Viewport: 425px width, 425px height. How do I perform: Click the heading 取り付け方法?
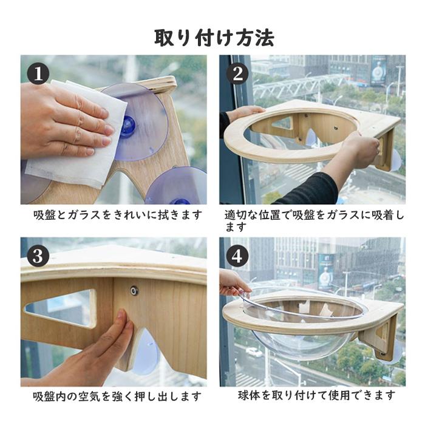[x=214, y=38]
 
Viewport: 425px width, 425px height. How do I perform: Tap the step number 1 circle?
[x=38, y=73]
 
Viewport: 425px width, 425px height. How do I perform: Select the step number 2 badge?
[x=237, y=73]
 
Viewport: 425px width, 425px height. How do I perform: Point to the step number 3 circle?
[x=38, y=256]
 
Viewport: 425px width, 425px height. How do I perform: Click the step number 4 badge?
[x=237, y=256]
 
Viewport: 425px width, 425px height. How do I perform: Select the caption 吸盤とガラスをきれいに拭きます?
[x=118, y=215]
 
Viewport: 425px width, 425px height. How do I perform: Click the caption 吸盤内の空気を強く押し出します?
[x=117, y=396]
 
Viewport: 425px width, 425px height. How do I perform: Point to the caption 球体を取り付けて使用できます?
[x=316, y=395]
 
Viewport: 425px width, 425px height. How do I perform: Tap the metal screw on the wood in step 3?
[x=134, y=291]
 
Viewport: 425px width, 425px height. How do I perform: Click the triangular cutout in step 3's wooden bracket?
[x=61, y=308]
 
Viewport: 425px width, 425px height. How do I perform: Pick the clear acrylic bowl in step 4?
[x=304, y=325]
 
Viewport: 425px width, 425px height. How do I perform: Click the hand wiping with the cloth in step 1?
[x=65, y=122]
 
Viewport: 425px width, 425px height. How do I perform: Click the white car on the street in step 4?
[x=251, y=352]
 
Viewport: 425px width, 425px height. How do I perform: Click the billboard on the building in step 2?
[x=378, y=70]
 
